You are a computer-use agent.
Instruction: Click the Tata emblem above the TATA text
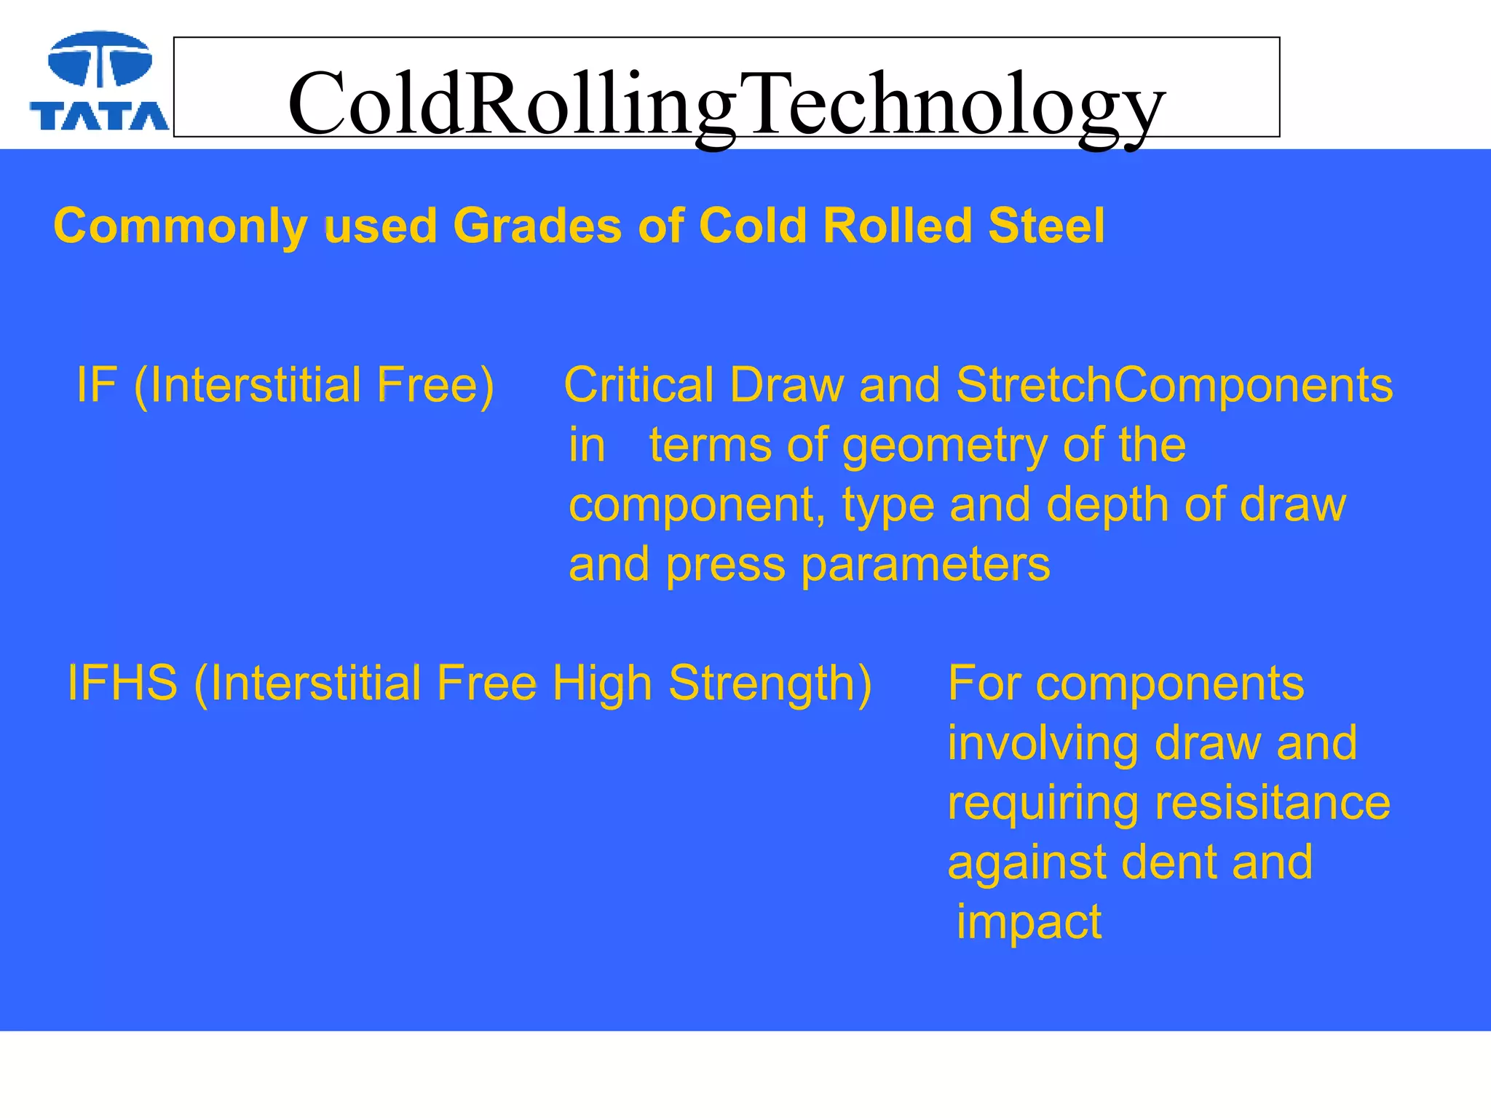[x=100, y=60]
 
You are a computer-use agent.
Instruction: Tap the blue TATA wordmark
[x=100, y=116]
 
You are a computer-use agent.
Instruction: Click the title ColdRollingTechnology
[x=726, y=103]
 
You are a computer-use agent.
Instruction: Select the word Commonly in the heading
[x=181, y=226]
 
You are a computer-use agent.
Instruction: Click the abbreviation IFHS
[x=122, y=683]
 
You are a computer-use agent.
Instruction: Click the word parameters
[x=925, y=565]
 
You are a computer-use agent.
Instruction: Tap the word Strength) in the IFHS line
[x=770, y=684]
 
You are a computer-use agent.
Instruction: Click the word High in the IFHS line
[x=602, y=684]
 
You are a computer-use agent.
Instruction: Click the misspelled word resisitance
[x=1272, y=803]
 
